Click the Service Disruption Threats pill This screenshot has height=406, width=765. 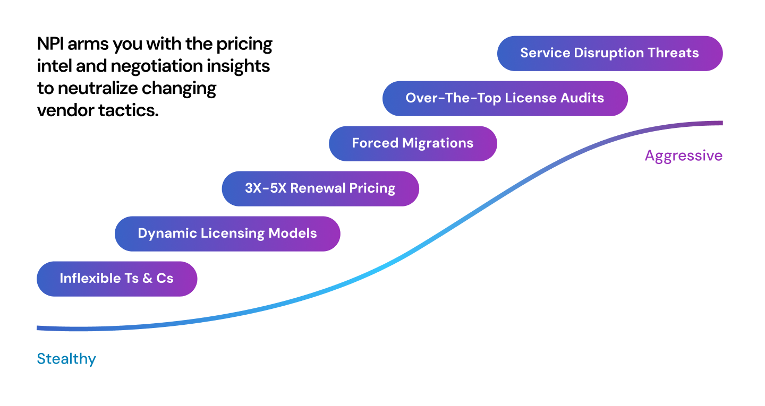click(609, 53)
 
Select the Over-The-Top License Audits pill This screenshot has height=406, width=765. click(505, 98)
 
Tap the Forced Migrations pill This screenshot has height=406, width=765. click(412, 143)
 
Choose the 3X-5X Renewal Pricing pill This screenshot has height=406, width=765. click(320, 188)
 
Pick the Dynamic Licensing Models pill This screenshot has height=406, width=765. click(227, 234)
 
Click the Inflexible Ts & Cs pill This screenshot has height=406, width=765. click(116, 279)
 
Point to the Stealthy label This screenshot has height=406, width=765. click(66, 359)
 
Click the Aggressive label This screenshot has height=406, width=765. click(683, 156)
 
